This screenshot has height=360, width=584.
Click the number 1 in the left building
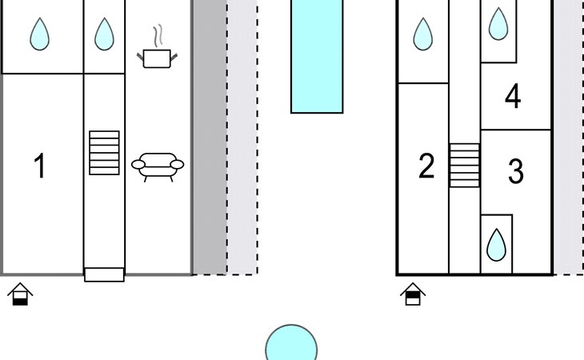[x=40, y=166]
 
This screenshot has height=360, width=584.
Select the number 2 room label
[x=426, y=166]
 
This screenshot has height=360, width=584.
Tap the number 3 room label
[x=516, y=171]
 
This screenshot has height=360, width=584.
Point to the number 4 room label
[x=513, y=96]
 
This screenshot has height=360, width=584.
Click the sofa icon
[x=158, y=167]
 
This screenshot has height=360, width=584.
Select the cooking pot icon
[x=157, y=59]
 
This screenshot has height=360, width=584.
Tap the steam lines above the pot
[x=158, y=36]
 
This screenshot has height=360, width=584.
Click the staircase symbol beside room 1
[x=104, y=153]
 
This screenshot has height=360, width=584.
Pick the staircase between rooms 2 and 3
[x=465, y=166]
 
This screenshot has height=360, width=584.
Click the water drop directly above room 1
[x=39, y=34]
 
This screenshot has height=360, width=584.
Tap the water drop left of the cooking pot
[x=104, y=34]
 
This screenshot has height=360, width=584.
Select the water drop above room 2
[x=422, y=34]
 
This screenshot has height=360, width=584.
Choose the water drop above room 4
[x=498, y=24]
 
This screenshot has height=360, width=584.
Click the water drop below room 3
[x=497, y=245]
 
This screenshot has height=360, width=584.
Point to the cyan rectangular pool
[x=317, y=56]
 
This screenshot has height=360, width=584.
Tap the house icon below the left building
[x=20, y=294]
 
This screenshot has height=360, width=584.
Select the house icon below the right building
[x=413, y=294]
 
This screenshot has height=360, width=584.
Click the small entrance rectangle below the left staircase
[x=104, y=274]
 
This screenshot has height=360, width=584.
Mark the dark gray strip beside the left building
[x=210, y=137]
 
